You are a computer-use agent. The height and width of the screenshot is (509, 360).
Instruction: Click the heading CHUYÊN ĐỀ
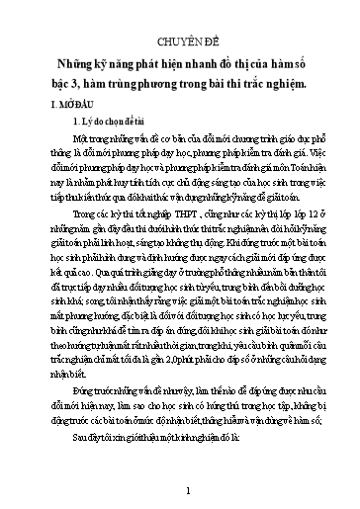(180, 42)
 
